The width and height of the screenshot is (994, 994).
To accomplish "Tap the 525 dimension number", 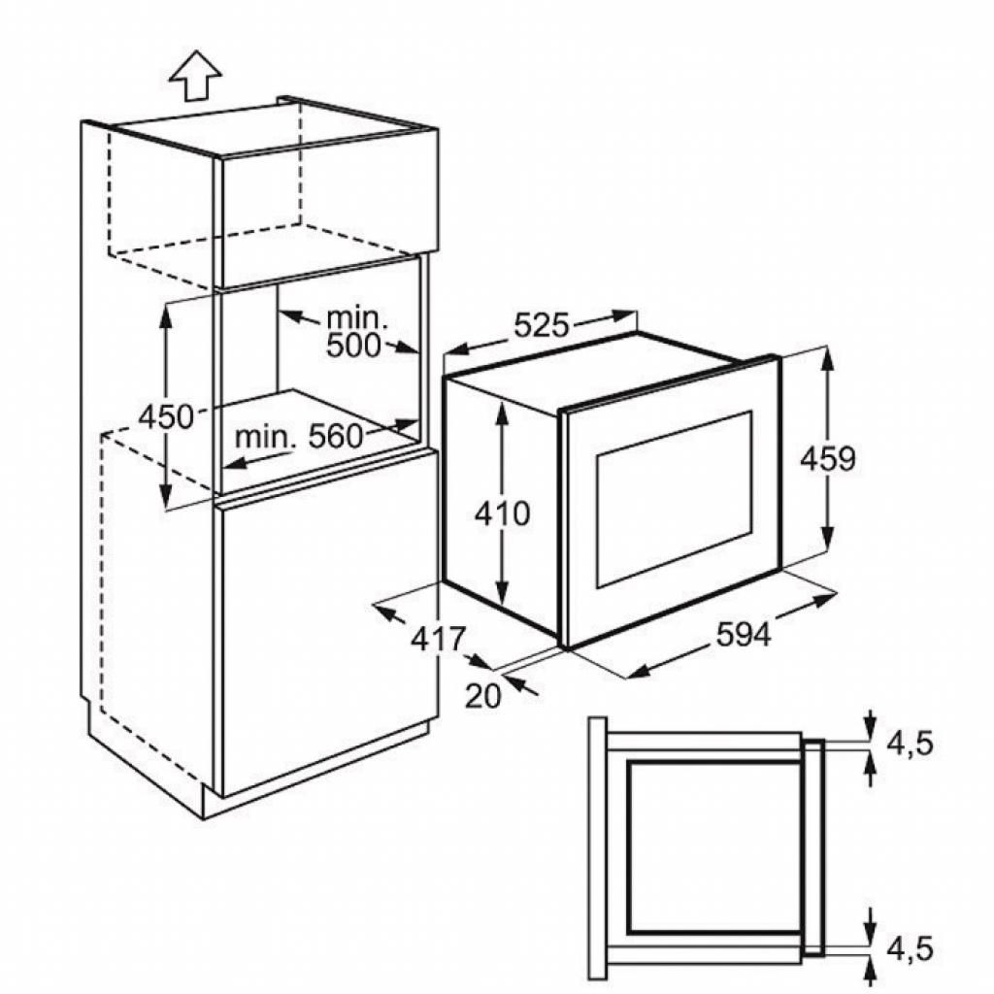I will click(x=541, y=326).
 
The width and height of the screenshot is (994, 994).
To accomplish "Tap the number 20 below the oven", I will click(x=482, y=696).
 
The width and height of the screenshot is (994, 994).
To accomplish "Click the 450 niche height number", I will click(x=166, y=416).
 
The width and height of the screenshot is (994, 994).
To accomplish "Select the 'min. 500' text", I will click(x=355, y=331).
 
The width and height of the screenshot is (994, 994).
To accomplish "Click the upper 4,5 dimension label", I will click(x=910, y=743).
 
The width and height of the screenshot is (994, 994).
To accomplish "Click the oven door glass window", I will click(x=674, y=498).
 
